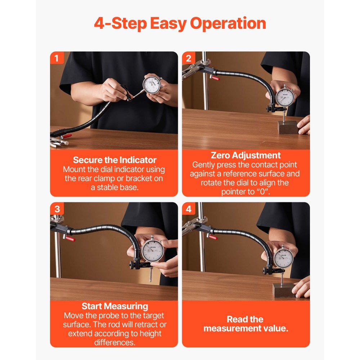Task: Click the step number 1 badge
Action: tap(57, 58)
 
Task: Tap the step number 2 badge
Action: tap(189, 58)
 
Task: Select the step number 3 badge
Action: tap(57, 209)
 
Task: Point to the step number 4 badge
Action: tap(189, 209)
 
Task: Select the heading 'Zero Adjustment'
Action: tap(246, 156)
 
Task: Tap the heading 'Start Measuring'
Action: tap(114, 306)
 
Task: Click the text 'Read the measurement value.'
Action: tap(246, 324)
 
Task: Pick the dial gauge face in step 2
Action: tap(285, 97)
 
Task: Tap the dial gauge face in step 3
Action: tap(153, 251)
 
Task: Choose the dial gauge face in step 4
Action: tap(283, 258)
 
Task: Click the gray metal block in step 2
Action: tap(288, 127)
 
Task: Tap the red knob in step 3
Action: tap(70, 239)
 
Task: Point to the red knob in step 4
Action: tap(212, 237)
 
